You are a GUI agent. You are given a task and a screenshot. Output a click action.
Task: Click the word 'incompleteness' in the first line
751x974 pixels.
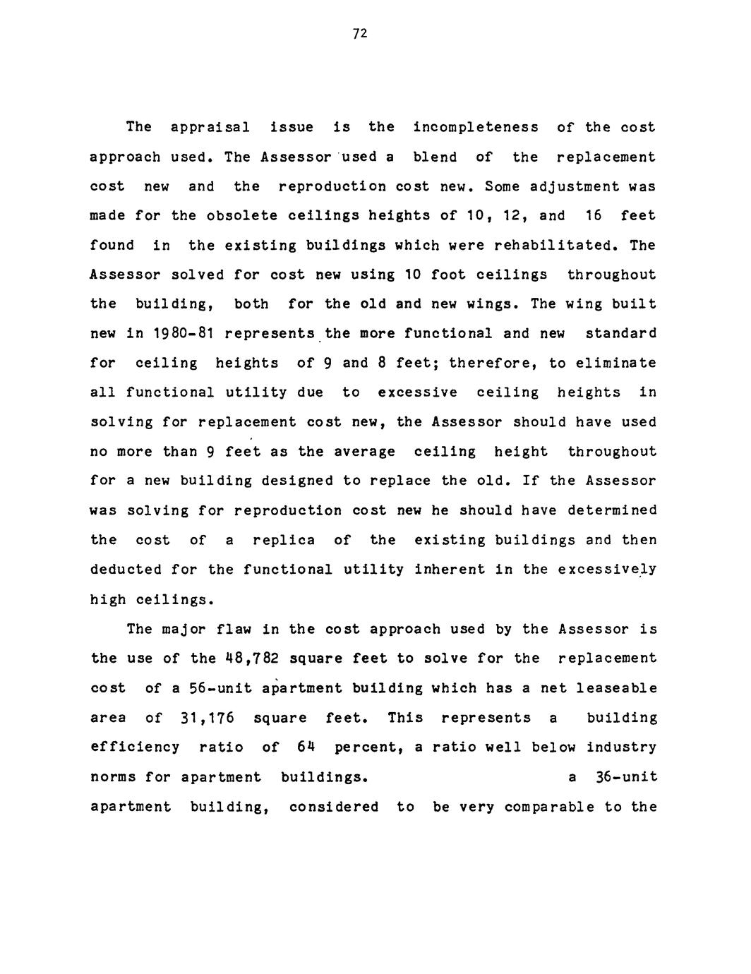coord(476,127)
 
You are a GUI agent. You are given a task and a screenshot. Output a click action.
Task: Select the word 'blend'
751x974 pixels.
coord(435,157)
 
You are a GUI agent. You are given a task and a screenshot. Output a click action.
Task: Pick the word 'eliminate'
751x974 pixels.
coord(616,363)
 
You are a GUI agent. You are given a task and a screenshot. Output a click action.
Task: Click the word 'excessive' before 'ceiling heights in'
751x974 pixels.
coord(417,392)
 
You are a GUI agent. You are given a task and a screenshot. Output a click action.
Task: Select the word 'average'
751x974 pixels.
coord(364,452)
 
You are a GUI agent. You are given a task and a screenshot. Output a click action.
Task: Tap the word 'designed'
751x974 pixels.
coord(296,481)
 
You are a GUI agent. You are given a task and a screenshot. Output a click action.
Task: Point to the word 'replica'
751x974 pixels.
coord(284,540)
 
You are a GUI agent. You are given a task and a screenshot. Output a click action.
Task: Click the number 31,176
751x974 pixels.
coord(208,718)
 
